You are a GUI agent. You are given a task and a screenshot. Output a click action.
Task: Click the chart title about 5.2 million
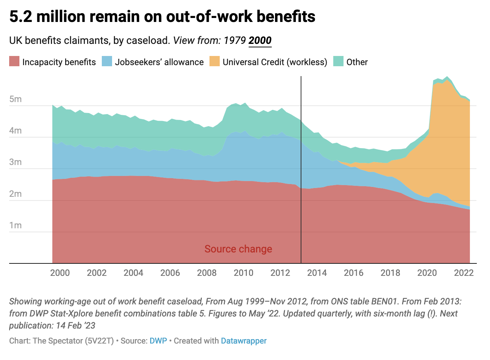click(x=162, y=17)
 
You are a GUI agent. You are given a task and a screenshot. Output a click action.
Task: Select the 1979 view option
click(x=234, y=40)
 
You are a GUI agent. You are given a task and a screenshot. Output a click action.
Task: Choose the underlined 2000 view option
click(x=260, y=40)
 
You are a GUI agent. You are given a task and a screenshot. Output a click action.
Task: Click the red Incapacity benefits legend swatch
click(x=14, y=61)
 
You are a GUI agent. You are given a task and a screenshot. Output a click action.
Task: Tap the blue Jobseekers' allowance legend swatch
click(x=107, y=61)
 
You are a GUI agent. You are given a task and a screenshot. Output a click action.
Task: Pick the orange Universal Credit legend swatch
click(x=215, y=61)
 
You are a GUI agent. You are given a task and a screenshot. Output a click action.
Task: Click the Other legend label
click(x=357, y=62)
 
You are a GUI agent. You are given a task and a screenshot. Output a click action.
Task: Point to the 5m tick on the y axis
click(x=15, y=99)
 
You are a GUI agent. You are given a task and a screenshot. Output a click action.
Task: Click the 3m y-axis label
click(x=15, y=162)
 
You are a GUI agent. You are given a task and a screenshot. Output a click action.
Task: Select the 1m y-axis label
click(x=15, y=225)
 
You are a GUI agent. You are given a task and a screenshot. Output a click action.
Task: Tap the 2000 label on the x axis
click(x=60, y=273)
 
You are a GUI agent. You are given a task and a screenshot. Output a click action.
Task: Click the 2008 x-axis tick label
click(x=207, y=273)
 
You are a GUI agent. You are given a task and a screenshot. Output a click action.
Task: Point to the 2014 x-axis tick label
click(x=317, y=273)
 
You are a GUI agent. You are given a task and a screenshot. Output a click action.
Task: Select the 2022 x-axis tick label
click(x=464, y=273)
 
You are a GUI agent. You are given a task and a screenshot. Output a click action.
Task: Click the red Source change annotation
click(x=238, y=249)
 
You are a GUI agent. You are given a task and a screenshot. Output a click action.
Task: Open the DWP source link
click(x=158, y=341)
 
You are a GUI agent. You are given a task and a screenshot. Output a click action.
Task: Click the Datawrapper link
click(x=244, y=341)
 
